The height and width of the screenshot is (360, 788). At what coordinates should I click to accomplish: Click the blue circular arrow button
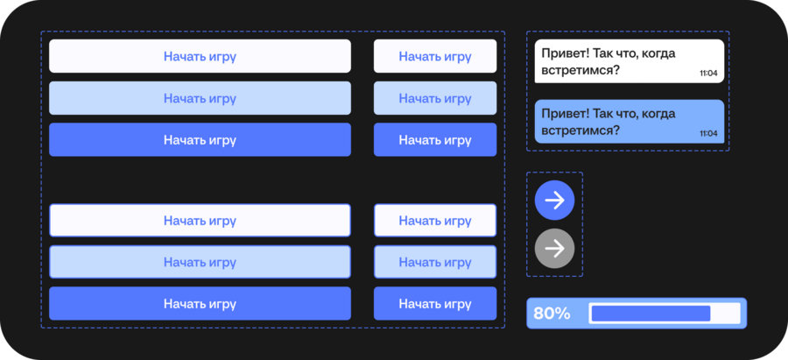point(554,201)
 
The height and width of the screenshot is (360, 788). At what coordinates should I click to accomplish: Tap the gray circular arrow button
point(554,249)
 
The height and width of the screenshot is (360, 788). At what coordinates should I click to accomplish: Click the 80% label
point(552,314)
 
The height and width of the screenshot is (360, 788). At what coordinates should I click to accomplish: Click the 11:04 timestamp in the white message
point(708,74)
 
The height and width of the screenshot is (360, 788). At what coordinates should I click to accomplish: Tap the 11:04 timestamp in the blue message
point(708,133)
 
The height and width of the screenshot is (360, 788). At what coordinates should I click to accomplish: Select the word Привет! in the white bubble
point(565,53)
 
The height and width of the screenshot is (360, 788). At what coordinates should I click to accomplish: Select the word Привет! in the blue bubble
point(565,114)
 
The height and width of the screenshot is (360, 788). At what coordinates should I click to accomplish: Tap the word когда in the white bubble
point(658,53)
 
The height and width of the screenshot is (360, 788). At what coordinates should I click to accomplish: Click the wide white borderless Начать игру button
point(200,56)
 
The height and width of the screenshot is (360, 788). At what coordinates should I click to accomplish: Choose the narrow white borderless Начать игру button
point(435,56)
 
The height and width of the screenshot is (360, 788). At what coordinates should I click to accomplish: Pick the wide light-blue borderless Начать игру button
point(200,98)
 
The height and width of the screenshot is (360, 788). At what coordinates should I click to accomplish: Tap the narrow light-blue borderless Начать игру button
point(435,98)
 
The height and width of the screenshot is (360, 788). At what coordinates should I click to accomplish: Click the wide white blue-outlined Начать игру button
point(200,220)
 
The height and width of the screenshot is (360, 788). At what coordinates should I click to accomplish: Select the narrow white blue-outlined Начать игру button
point(435,220)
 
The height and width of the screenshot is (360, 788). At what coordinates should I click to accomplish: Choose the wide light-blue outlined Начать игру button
point(200,262)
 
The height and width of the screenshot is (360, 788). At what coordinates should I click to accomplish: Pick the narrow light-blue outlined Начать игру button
point(435,262)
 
